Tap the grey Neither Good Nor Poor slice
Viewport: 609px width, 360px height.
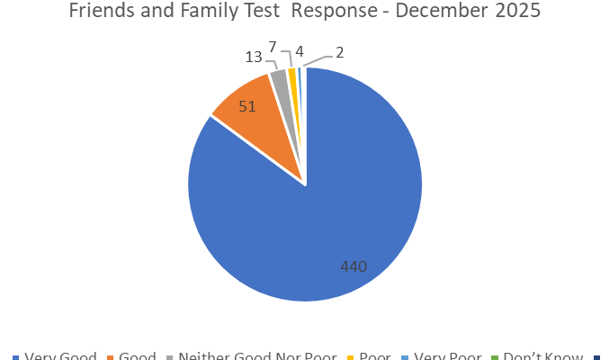(280, 81)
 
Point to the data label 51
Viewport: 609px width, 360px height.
(247, 106)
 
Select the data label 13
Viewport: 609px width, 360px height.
(254, 57)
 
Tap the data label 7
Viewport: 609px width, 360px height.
(273, 46)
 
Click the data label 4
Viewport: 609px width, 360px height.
(298, 50)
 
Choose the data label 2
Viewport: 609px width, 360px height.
(339, 52)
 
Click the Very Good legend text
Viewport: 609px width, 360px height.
(60, 356)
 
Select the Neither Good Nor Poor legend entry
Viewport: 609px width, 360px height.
(258, 356)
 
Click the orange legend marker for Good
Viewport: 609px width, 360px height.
(112, 357)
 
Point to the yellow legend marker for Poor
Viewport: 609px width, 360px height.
(351, 357)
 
